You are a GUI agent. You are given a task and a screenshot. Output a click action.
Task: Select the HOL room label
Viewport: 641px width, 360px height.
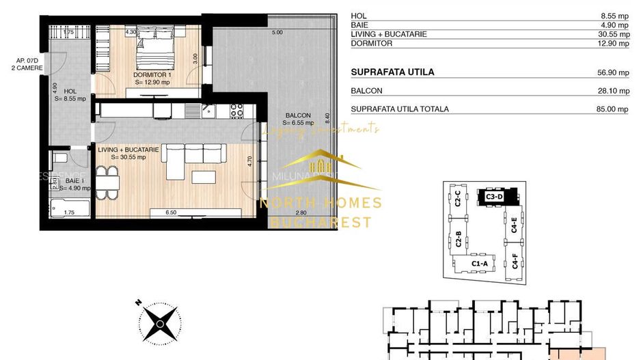tap(70, 91)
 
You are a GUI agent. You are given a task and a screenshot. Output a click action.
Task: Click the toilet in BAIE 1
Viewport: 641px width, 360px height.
tap(60, 159)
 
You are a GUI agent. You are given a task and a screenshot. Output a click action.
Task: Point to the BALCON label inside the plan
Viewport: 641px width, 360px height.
tap(299, 115)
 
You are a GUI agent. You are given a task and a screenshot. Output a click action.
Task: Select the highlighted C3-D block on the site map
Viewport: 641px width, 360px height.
tap(495, 196)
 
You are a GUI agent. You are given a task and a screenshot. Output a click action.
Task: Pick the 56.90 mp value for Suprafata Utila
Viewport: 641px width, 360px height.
tap(612, 72)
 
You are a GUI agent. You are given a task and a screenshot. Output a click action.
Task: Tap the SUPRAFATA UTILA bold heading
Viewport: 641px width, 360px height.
tap(392, 72)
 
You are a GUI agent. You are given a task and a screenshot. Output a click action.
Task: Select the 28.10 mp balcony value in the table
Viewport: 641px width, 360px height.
tap(612, 90)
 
